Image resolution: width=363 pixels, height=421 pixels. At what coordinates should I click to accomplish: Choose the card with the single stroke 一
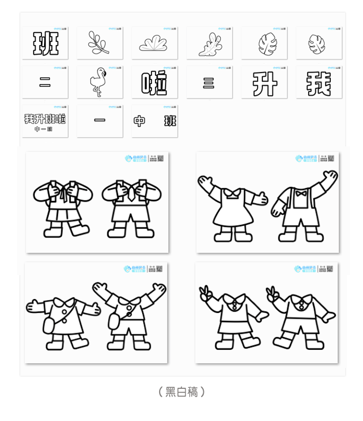(100, 120)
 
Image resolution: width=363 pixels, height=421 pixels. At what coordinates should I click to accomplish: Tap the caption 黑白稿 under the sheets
(181, 392)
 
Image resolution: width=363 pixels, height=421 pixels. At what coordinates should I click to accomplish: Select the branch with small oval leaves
(99, 43)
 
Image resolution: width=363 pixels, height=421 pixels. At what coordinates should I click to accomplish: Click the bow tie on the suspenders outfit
(301, 194)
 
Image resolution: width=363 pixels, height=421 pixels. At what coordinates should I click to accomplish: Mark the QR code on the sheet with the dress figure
(330, 158)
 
